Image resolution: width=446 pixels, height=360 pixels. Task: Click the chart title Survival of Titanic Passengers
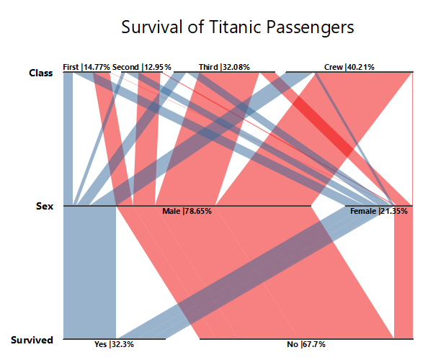237,28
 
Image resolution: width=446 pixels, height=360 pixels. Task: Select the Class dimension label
40,72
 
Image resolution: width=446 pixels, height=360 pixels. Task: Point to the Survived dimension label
32,340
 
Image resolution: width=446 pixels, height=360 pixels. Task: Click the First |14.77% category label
86,67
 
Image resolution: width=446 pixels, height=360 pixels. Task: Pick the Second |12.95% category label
142,67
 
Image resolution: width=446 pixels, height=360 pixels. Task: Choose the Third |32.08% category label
224,67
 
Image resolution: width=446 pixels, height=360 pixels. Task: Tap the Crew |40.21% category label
349,67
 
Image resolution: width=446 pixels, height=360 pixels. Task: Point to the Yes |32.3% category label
114,345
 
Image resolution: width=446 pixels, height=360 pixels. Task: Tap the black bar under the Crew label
349,72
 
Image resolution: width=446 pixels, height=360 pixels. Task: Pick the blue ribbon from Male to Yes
90,274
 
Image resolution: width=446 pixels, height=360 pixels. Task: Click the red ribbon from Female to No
403,274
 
